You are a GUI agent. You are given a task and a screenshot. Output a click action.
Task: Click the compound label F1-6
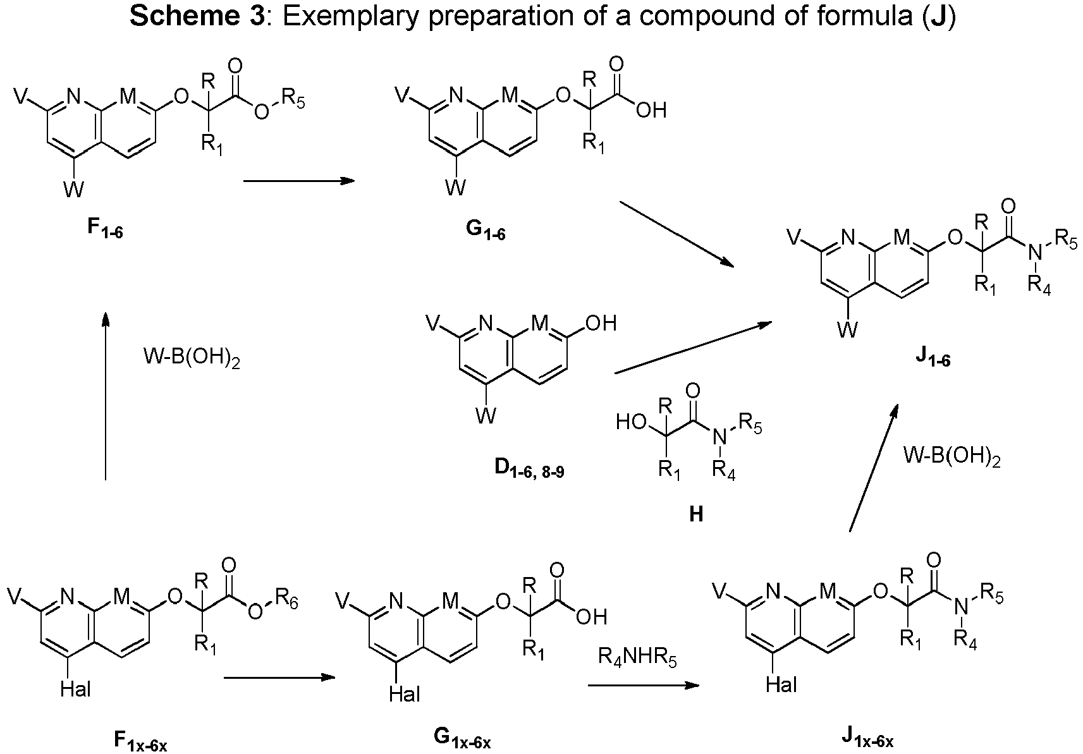(x=105, y=229)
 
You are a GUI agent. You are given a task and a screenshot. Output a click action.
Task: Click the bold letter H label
(x=696, y=515)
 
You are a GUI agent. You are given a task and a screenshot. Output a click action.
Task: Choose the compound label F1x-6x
(x=141, y=739)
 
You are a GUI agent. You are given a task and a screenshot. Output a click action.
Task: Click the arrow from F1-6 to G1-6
(x=299, y=181)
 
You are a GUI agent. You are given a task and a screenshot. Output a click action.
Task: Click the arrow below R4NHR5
(x=644, y=685)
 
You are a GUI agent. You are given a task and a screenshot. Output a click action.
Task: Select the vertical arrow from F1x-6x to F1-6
(x=106, y=396)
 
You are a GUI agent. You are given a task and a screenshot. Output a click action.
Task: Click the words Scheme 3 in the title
(x=197, y=16)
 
